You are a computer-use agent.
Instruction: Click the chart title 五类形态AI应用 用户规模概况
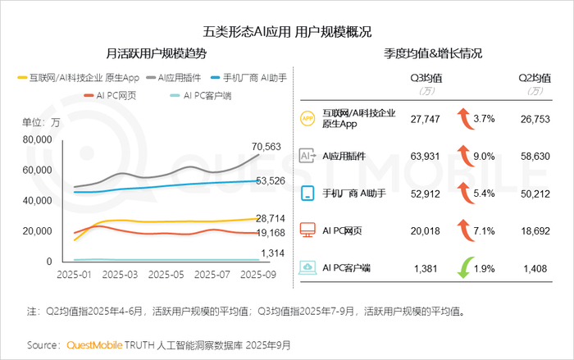click(287, 32)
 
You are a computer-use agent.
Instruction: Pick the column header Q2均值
click(533, 79)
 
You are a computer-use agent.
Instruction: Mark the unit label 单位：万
click(41, 122)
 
